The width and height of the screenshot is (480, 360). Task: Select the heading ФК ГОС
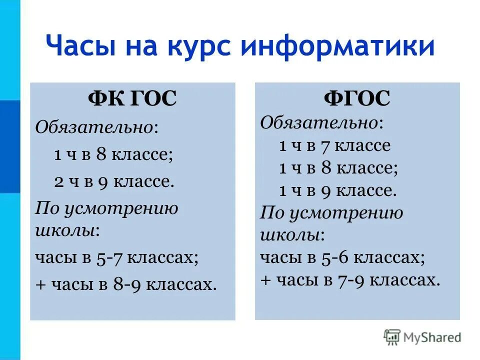pyautogui.click(x=132, y=99)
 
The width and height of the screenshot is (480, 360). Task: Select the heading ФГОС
pyautogui.click(x=357, y=98)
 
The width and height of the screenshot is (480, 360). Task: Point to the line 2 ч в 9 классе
pyautogui.click(x=114, y=181)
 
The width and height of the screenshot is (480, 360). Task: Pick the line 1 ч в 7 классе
pyautogui.click(x=334, y=145)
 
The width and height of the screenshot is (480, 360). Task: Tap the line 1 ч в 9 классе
pyautogui.click(x=337, y=190)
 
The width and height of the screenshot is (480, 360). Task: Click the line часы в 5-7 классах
pyautogui.click(x=117, y=257)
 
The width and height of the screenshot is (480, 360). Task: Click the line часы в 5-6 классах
pyautogui.click(x=342, y=257)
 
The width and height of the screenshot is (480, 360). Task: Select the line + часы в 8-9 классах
pyautogui.click(x=126, y=284)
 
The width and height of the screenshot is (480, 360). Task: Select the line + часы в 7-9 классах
pyautogui.click(x=350, y=280)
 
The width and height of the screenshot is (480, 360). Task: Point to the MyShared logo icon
pyautogui.click(x=392, y=338)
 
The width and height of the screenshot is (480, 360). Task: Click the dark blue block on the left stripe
pyautogui.click(x=10, y=146)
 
